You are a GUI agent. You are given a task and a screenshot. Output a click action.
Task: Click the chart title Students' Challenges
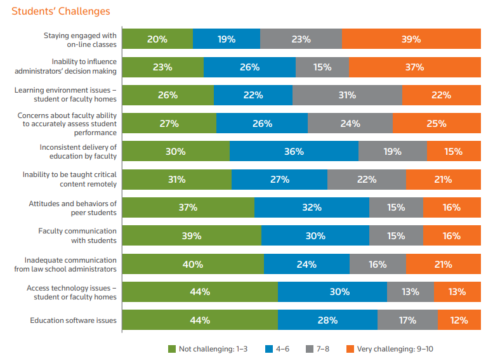point(61,11)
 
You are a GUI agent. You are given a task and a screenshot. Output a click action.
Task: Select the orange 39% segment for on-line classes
point(411,39)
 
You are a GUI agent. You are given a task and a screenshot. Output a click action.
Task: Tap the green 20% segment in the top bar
point(157,39)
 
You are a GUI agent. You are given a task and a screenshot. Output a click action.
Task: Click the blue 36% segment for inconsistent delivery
point(294,152)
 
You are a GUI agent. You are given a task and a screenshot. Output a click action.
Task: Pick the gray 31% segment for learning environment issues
point(347,95)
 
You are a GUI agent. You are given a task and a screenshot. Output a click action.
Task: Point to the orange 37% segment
point(414,67)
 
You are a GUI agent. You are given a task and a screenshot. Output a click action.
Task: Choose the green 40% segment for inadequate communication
point(193,264)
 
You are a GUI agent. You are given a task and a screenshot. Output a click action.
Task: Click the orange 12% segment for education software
point(459,320)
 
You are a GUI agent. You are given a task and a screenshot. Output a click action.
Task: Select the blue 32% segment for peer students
point(312,207)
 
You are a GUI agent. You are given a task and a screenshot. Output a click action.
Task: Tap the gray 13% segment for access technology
point(411,292)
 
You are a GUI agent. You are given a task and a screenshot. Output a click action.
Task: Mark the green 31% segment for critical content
point(176,180)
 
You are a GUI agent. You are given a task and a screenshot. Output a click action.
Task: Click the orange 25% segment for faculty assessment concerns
point(437,124)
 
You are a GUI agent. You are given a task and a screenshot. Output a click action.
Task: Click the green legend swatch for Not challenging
point(171,348)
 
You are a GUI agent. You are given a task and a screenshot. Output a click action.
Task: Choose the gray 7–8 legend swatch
point(310,348)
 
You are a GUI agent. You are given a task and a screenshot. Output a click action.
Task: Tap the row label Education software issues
point(73,320)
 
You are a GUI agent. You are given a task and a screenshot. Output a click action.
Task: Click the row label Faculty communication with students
point(77,235)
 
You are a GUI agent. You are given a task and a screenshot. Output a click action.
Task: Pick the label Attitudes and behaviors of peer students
point(72,207)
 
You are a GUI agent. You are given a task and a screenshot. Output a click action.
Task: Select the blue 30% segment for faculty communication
point(315,236)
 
